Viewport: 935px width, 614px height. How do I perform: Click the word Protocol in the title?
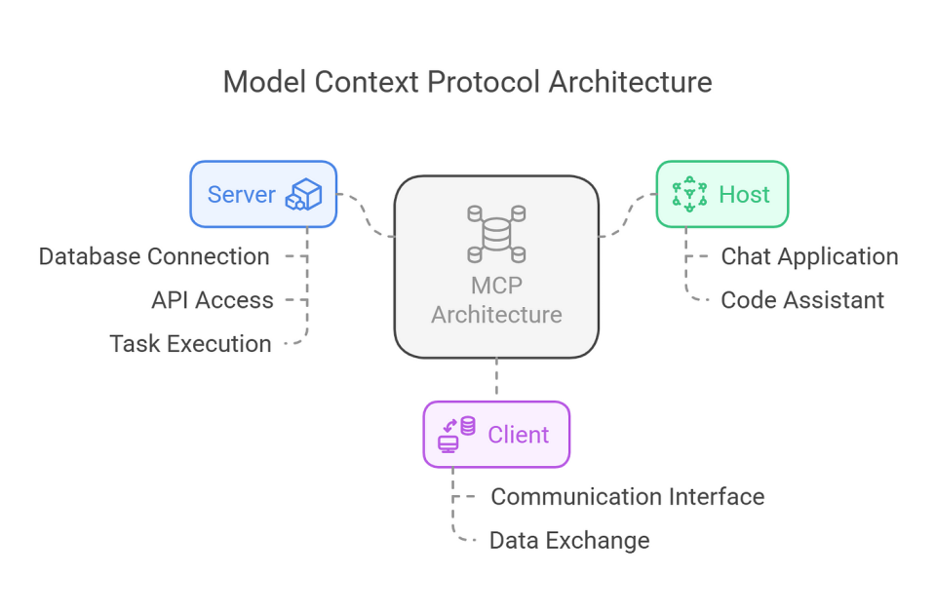[483, 82]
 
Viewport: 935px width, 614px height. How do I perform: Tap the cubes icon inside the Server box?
[303, 195]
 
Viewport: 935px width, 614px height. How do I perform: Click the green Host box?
[721, 194]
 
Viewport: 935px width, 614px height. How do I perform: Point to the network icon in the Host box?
[689, 195]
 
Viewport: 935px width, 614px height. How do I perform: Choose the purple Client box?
[495, 435]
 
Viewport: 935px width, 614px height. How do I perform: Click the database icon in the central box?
[496, 234]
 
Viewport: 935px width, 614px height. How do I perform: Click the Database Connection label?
[154, 257]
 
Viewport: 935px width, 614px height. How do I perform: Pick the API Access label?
[212, 300]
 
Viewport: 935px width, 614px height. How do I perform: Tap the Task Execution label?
[190, 343]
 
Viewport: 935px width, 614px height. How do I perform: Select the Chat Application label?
[809, 257]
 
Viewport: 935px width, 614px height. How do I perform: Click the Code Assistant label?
[802, 300]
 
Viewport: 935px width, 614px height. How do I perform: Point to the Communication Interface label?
[627, 497]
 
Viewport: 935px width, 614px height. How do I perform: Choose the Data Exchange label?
[569, 540]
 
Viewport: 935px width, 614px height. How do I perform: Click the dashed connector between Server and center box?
[366, 215]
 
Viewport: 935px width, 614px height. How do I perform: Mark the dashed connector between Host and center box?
[627, 215]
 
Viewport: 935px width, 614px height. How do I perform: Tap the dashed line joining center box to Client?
[496, 379]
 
